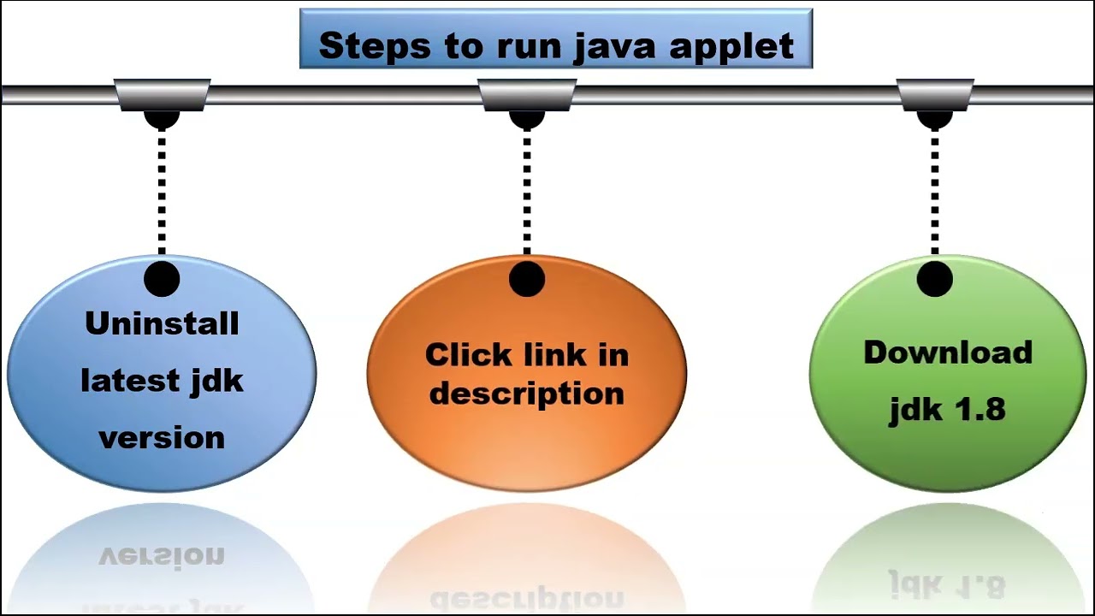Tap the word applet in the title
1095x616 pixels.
[x=731, y=46]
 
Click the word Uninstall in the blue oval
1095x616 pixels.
[x=162, y=323]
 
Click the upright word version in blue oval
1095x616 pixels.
[x=162, y=437]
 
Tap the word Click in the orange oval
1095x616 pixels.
[x=465, y=354]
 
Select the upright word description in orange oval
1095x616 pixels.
[x=526, y=393]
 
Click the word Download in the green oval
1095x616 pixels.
[x=947, y=352]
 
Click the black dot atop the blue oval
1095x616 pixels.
[x=162, y=279]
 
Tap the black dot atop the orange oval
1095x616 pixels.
[x=526, y=279]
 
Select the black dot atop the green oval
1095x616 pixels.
[x=934, y=279]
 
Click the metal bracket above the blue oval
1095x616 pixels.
[x=162, y=94]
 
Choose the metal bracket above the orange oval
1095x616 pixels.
[x=526, y=94]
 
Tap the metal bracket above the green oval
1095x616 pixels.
[x=934, y=94]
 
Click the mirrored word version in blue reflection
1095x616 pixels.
[x=162, y=556]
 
